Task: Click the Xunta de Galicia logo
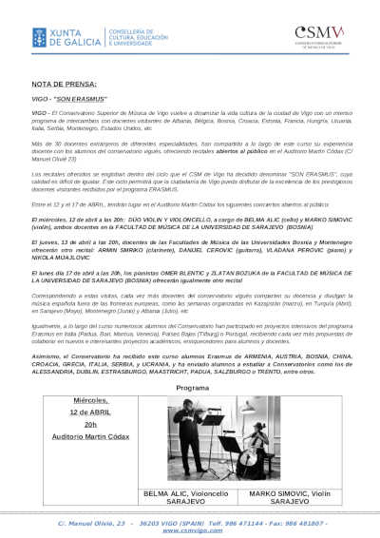point(59,35)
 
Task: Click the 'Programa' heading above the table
point(193,388)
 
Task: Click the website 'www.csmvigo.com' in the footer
point(192,530)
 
